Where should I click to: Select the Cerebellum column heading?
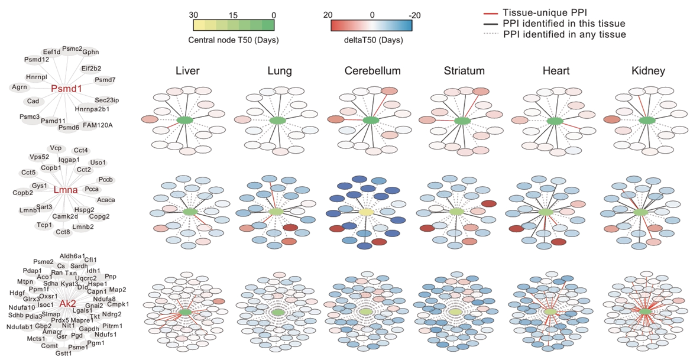pos(372,72)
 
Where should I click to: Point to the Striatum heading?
pos(465,72)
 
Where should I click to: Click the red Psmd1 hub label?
pos(66,89)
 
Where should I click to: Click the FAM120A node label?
pos(98,125)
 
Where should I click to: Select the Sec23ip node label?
pos(107,100)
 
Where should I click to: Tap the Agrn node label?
pos(20,87)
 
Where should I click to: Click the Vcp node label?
pos(56,148)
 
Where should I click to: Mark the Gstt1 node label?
pos(63,353)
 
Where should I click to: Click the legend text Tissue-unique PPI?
pos(542,12)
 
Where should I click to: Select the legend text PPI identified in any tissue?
pos(565,35)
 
